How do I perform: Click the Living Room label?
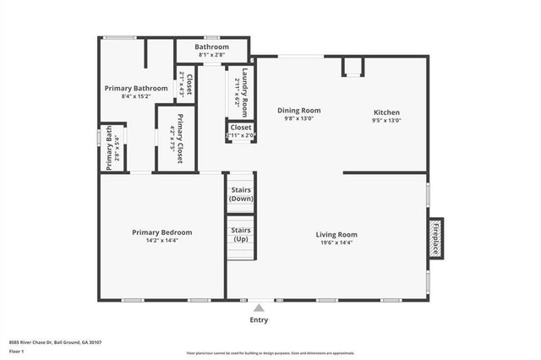point(336,234)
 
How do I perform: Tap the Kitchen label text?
point(386,112)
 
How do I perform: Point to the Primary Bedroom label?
point(161,232)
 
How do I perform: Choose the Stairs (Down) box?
point(241,194)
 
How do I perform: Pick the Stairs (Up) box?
point(241,234)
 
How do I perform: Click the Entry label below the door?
point(260,319)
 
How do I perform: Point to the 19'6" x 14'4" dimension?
point(336,242)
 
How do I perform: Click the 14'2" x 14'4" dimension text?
point(161,240)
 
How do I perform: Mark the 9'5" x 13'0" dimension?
point(386,120)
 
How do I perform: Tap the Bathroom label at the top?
point(212,46)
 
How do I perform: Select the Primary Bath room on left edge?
point(112,148)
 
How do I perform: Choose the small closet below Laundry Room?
point(241,131)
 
